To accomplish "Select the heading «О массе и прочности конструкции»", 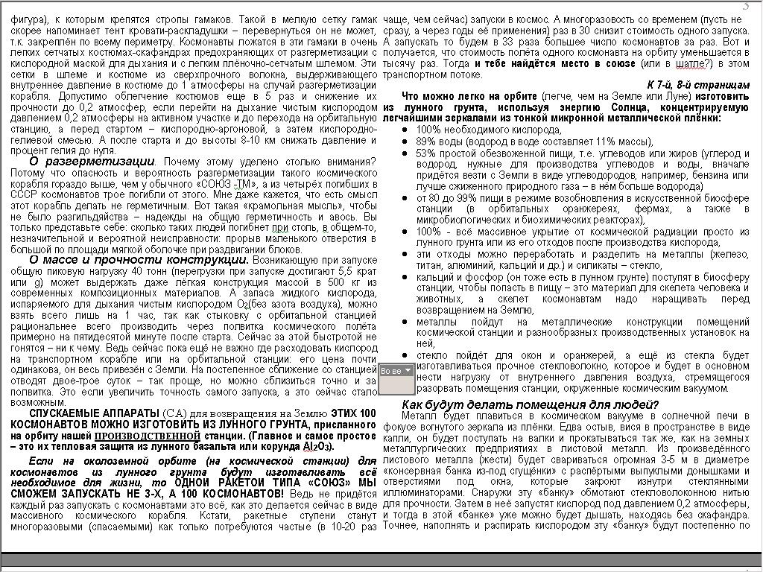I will tap(139, 260).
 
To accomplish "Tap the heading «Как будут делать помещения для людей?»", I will tap(530, 404).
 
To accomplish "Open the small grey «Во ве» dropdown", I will tap(396, 370).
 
